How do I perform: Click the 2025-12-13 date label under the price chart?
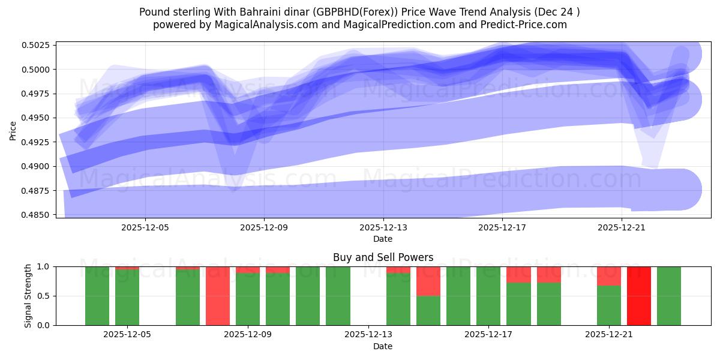[383, 227]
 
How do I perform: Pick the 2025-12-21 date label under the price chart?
[622, 227]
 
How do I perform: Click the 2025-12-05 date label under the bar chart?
[127, 335]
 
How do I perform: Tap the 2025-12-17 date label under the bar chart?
[488, 335]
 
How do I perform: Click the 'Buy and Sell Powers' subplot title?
[383, 257]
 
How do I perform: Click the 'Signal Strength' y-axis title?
[28, 296]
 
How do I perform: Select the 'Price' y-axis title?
[13, 130]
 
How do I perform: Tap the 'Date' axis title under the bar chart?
[383, 346]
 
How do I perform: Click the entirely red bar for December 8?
[218, 296]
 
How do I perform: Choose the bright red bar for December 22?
[639, 296]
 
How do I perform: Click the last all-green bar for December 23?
[669, 296]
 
